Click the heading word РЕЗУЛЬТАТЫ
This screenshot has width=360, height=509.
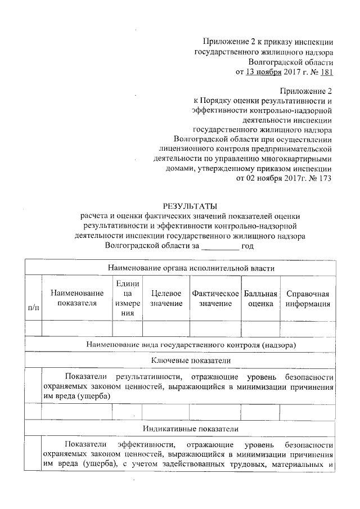click(189, 205)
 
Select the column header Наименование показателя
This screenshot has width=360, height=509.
click(76, 299)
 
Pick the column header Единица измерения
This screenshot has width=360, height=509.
click(127, 299)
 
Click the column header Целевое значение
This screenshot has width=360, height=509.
click(166, 299)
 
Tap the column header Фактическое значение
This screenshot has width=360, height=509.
click(215, 299)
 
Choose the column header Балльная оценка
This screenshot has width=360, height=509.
click(261, 299)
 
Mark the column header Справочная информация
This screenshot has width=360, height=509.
click(307, 299)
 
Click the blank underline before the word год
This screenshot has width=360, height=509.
click(220, 246)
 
